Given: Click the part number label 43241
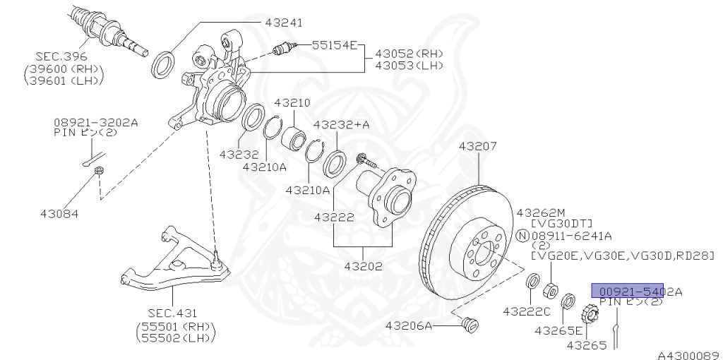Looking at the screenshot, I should coord(284,23).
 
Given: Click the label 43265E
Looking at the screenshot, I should coord(558,330).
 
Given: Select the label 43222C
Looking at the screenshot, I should coord(526,310).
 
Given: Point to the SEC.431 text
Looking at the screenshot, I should coord(173,313).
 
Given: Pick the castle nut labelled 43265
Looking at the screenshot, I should coord(586,312).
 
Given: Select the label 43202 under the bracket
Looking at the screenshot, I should coord(364,266).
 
